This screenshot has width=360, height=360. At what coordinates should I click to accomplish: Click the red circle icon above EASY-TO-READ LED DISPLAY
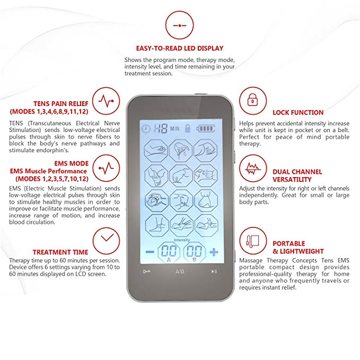180,25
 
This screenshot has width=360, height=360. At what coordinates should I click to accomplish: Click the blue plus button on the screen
213,252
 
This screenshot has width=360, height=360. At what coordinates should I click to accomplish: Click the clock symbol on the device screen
146,128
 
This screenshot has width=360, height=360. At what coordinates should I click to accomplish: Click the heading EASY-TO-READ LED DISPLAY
180,48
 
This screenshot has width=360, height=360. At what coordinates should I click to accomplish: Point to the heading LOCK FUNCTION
298,112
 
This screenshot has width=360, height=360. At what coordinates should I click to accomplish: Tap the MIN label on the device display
174,129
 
